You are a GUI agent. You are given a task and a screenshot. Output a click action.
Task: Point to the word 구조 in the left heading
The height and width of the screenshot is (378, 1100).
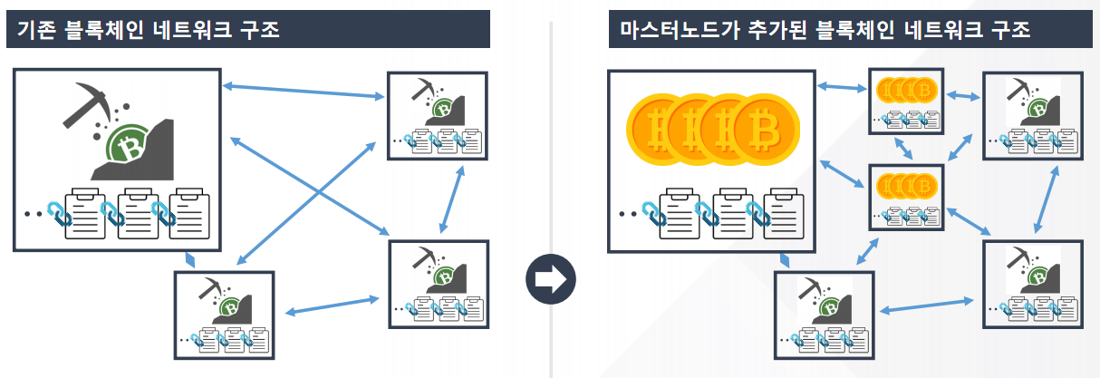click(260, 30)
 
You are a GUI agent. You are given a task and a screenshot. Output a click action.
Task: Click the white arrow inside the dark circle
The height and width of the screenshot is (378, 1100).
click(551, 279)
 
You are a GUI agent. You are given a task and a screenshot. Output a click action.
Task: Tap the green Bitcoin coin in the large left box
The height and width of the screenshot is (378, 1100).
click(127, 144)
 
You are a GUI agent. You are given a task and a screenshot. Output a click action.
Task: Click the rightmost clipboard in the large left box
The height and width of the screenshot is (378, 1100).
click(189, 213)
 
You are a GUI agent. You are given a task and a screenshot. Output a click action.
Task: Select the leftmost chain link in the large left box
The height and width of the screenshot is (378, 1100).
click(59, 214)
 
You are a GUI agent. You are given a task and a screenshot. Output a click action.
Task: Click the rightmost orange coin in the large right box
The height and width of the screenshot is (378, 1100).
click(765, 130)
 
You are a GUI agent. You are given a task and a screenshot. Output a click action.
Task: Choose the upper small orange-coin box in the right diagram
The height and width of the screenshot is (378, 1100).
click(906, 101)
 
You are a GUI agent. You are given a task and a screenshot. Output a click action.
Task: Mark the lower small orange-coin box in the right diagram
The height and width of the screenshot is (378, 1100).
click(906, 197)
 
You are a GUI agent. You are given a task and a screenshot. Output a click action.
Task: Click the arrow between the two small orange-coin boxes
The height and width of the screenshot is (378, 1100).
click(903, 148)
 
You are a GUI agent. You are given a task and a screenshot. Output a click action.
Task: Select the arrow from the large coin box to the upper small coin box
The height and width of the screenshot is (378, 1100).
click(842, 88)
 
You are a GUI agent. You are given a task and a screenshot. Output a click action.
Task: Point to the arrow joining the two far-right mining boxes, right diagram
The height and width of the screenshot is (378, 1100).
click(1046, 199)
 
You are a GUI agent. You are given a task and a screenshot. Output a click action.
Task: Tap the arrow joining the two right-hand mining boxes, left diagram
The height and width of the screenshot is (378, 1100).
click(452, 199)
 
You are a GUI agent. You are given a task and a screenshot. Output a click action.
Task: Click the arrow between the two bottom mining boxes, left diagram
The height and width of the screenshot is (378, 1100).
click(332, 305)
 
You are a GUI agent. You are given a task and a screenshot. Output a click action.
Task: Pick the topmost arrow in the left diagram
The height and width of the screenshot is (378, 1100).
click(304, 92)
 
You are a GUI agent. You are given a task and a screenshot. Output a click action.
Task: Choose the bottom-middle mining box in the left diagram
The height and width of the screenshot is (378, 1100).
click(225, 315)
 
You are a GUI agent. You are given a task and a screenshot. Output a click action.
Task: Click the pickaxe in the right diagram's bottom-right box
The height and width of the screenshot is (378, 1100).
click(1018, 257)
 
